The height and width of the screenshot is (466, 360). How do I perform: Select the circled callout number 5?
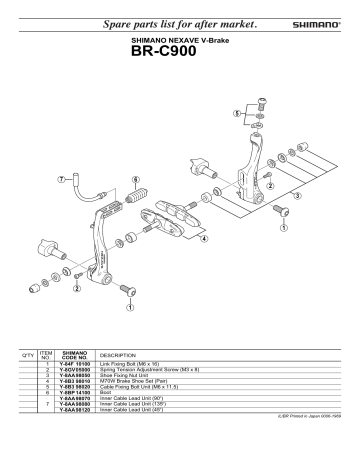click(x=236, y=114)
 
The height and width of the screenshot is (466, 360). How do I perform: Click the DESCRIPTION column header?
click(x=118, y=354)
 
